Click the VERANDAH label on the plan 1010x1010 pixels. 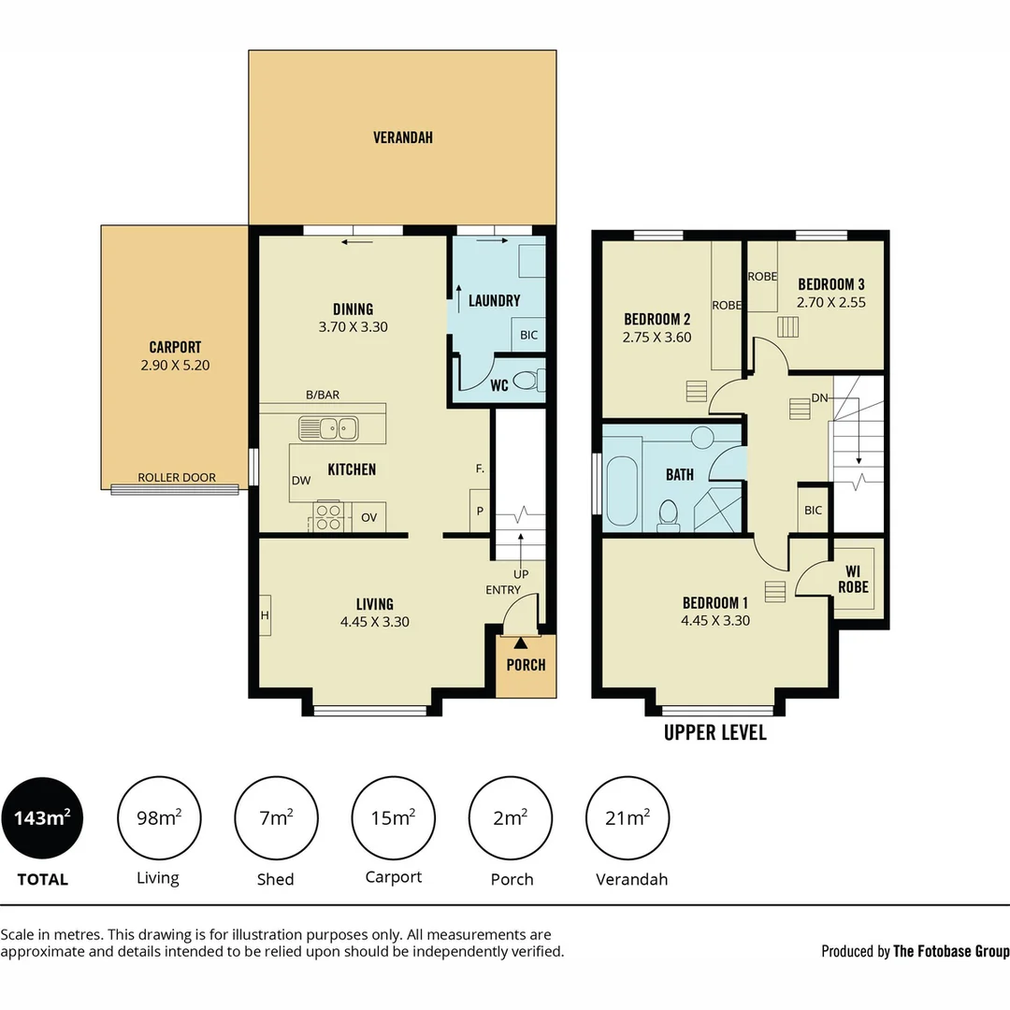click(x=402, y=137)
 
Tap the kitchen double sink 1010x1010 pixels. click(x=328, y=428)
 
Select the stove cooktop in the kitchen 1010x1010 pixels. click(x=329, y=516)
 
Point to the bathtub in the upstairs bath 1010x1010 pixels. click(x=622, y=489)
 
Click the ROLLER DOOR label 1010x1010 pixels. click(x=177, y=478)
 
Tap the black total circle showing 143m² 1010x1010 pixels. click(x=42, y=818)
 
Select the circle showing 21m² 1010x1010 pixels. click(x=627, y=818)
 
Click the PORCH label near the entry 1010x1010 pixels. click(x=526, y=665)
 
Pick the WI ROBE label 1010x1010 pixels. click(x=853, y=579)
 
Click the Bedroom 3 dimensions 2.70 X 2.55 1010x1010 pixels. click(x=830, y=303)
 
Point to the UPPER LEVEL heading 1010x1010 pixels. click(x=714, y=732)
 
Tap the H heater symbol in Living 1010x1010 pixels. click(x=265, y=615)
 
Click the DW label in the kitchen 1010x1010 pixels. click(x=301, y=480)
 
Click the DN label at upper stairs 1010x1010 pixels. click(x=820, y=398)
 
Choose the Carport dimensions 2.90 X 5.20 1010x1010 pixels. click(x=175, y=366)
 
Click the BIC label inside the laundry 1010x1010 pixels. click(x=528, y=335)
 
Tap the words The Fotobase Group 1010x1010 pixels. click(x=950, y=951)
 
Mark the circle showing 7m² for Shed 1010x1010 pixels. click(x=275, y=818)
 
